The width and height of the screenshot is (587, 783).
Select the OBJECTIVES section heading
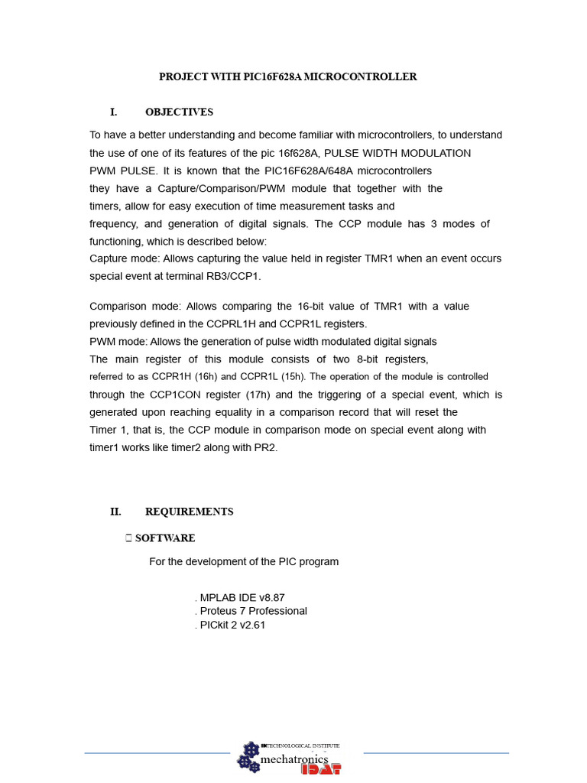click(x=179, y=112)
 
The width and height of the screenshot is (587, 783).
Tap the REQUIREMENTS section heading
click(x=189, y=512)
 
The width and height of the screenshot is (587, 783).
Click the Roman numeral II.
click(x=116, y=512)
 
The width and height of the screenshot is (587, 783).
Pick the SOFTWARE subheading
click(x=165, y=538)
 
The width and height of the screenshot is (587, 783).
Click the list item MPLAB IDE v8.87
click(x=242, y=597)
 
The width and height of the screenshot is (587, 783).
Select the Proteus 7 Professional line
click(x=253, y=611)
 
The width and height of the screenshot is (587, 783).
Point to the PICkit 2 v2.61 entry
click(x=232, y=625)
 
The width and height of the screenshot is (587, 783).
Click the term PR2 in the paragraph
click(x=264, y=447)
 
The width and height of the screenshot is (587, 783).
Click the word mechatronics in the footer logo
click(x=294, y=760)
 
